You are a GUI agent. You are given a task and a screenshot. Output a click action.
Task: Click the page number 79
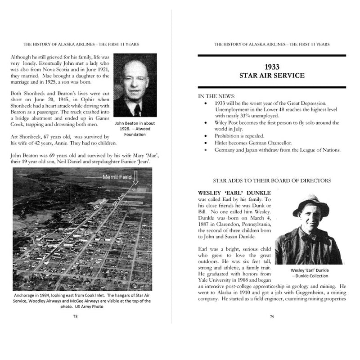[x=272, y=316]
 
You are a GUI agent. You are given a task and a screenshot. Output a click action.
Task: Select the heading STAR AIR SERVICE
[x=272, y=75]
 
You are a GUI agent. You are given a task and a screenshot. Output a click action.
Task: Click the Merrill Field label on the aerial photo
[x=116, y=177]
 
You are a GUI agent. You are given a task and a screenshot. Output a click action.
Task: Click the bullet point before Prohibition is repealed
[x=205, y=135]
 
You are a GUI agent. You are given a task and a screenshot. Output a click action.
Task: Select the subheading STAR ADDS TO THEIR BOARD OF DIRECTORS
[x=272, y=180]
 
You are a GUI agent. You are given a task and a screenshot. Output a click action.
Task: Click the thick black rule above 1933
[x=272, y=55]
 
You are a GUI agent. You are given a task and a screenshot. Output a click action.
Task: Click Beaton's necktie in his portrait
[x=136, y=110]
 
